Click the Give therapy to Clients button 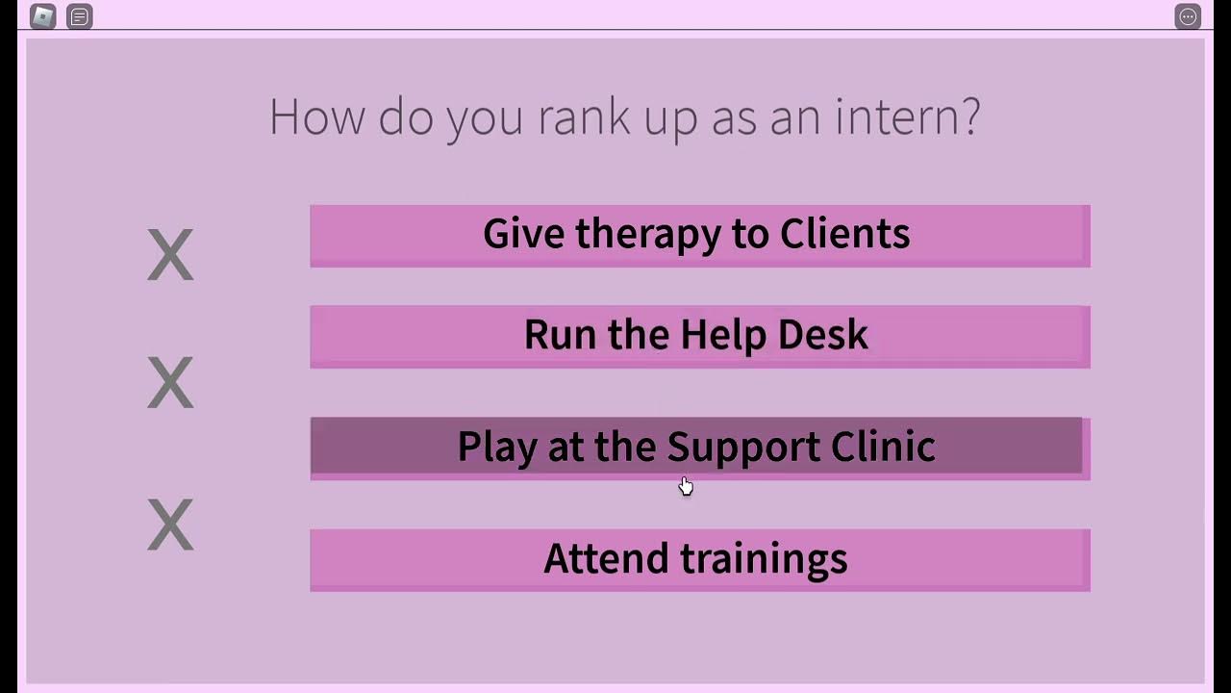(699, 235)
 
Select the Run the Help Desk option (699, 336)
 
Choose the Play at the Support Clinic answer (696, 447)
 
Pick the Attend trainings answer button (699, 559)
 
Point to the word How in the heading (317, 117)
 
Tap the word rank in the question (584, 117)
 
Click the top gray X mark (170, 255)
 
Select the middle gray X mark (170, 382)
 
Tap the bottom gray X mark (170, 525)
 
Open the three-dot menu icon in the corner (1188, 16)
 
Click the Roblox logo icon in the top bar (43, 16)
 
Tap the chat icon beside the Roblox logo (80, 16)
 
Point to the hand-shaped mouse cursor (686, 486)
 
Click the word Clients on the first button (844, 234)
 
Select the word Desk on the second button (823, 335)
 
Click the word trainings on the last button (764, 559)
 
